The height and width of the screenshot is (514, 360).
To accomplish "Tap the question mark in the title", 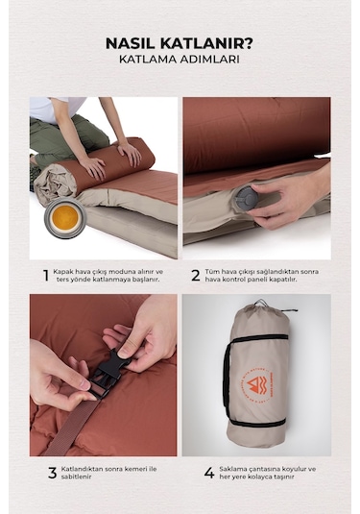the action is [249, 43].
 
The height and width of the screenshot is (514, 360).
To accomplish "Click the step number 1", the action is [46, 276].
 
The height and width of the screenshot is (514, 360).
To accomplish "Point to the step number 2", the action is [196, 276].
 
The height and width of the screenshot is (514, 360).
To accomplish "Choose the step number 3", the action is [53, 473].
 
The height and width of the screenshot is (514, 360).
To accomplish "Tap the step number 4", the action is [209, 473].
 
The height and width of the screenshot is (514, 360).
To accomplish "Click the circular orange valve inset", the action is [65, 218].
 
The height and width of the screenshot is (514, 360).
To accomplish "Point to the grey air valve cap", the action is [247, 197].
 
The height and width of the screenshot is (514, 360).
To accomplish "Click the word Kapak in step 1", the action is [63, 272].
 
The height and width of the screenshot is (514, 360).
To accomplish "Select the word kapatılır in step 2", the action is [283, 280].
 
